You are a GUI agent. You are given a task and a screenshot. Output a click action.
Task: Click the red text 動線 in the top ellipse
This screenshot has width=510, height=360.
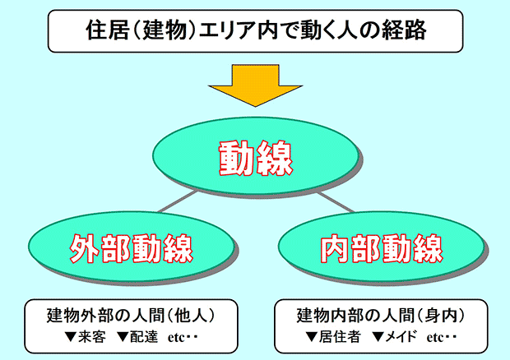click(x=256, y=158)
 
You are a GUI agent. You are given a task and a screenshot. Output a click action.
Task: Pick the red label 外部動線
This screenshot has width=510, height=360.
click(x=132, y=248)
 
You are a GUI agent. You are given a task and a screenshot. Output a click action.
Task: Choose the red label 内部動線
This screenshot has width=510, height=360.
click(x=381, y=248)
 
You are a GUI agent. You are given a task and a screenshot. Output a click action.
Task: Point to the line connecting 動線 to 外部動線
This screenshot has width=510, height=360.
click(x=178, y=201)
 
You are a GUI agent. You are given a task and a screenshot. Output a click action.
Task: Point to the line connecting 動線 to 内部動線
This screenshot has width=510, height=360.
click(x=336, y=202)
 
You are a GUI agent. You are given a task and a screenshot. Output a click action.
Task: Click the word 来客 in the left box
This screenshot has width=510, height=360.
click(x=92, y=337)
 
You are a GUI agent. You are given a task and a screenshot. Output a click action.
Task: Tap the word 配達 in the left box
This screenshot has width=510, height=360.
click(x=144, y=337)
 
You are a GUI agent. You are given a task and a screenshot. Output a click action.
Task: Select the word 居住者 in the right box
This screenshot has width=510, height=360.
click(x=340, y=337)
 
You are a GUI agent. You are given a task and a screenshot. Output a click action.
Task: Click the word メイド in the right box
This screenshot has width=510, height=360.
click(x=401, y=337)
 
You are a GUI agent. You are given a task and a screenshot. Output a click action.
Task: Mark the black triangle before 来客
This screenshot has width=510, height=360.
click(x=71, y=337)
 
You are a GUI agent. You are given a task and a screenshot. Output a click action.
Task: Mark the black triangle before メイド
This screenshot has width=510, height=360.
click(x=378, y=337)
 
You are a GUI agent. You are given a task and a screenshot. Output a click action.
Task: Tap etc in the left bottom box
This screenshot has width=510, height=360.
click(x=176, y=338)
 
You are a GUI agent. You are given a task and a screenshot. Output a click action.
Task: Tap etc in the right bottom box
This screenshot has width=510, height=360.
click(x=435, y=338)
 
